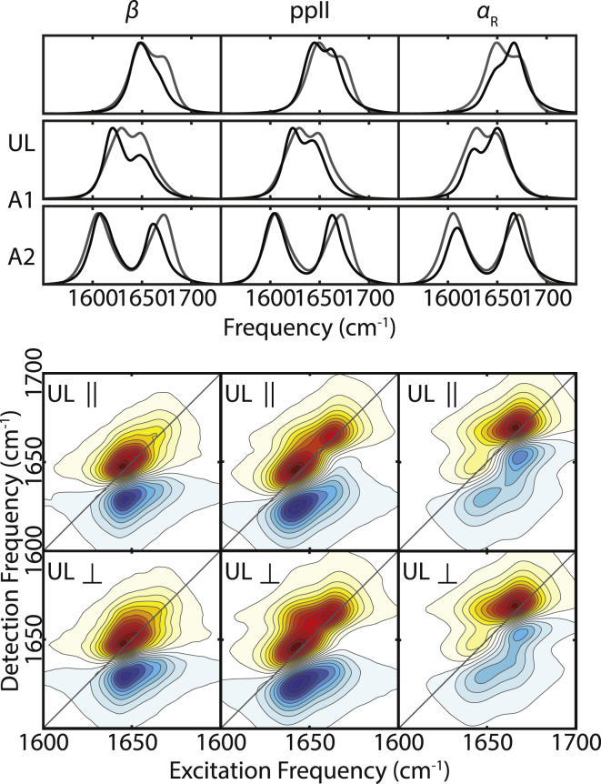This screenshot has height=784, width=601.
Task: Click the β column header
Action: point(134,15)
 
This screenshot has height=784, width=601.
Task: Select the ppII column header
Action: point(311,15)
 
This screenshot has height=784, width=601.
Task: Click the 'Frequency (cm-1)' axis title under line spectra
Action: point(311,325)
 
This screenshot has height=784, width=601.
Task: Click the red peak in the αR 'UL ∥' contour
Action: point(516,426)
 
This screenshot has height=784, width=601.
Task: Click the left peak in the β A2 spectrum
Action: point(98,215)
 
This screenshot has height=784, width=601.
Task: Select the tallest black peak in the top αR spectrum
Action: point(515,45)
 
